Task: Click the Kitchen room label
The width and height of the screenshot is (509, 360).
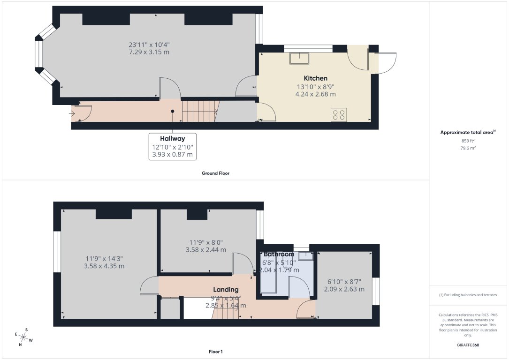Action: pos(315,78)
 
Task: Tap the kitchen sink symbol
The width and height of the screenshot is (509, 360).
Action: pos(299,58)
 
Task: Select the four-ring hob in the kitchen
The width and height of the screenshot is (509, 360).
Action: pos(339,115)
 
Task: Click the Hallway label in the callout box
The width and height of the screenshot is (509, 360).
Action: pos(172,139)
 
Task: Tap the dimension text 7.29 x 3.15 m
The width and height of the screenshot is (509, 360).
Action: pos(149,52)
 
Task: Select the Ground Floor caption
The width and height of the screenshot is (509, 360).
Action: pos(215,173)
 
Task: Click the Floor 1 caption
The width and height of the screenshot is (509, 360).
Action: pos(215,351)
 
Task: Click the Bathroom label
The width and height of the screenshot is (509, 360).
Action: pos(279,254)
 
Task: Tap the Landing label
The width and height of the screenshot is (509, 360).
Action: pos(226,290)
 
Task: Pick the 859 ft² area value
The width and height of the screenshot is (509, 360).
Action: pos(468,141)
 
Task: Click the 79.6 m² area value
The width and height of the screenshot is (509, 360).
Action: pos(468,148)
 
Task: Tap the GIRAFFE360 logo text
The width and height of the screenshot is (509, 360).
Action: pos(468,345)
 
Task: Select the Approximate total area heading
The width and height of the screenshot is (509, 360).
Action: pos(467,133)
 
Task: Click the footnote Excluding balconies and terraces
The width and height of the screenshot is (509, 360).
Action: pos(468,295)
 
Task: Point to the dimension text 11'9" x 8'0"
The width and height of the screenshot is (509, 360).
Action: pos(206,242)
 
